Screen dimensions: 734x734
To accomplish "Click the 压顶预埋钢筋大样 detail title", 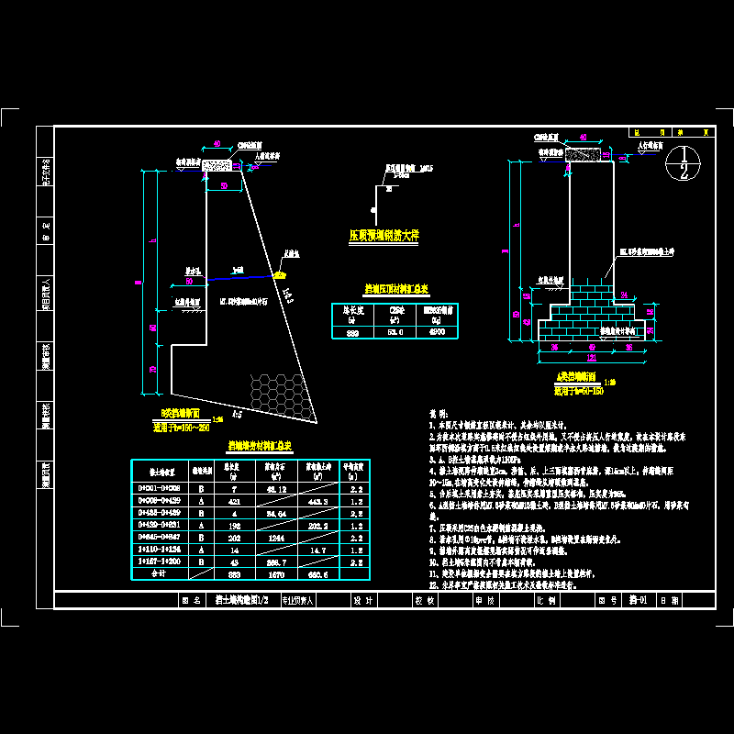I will click(x=384, y=235).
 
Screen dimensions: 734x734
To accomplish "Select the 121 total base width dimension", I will click(x=592, y=357).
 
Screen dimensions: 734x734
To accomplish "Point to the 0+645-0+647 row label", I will click(x=160, y=538).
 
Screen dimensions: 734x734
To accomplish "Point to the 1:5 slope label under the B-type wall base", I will click(x=237, y=415).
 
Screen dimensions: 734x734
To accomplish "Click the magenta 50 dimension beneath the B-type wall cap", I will click(x=224, y=185).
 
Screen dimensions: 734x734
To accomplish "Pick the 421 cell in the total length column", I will click(x=233, y=502).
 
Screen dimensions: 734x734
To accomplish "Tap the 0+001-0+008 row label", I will click(x=160, y=490).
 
